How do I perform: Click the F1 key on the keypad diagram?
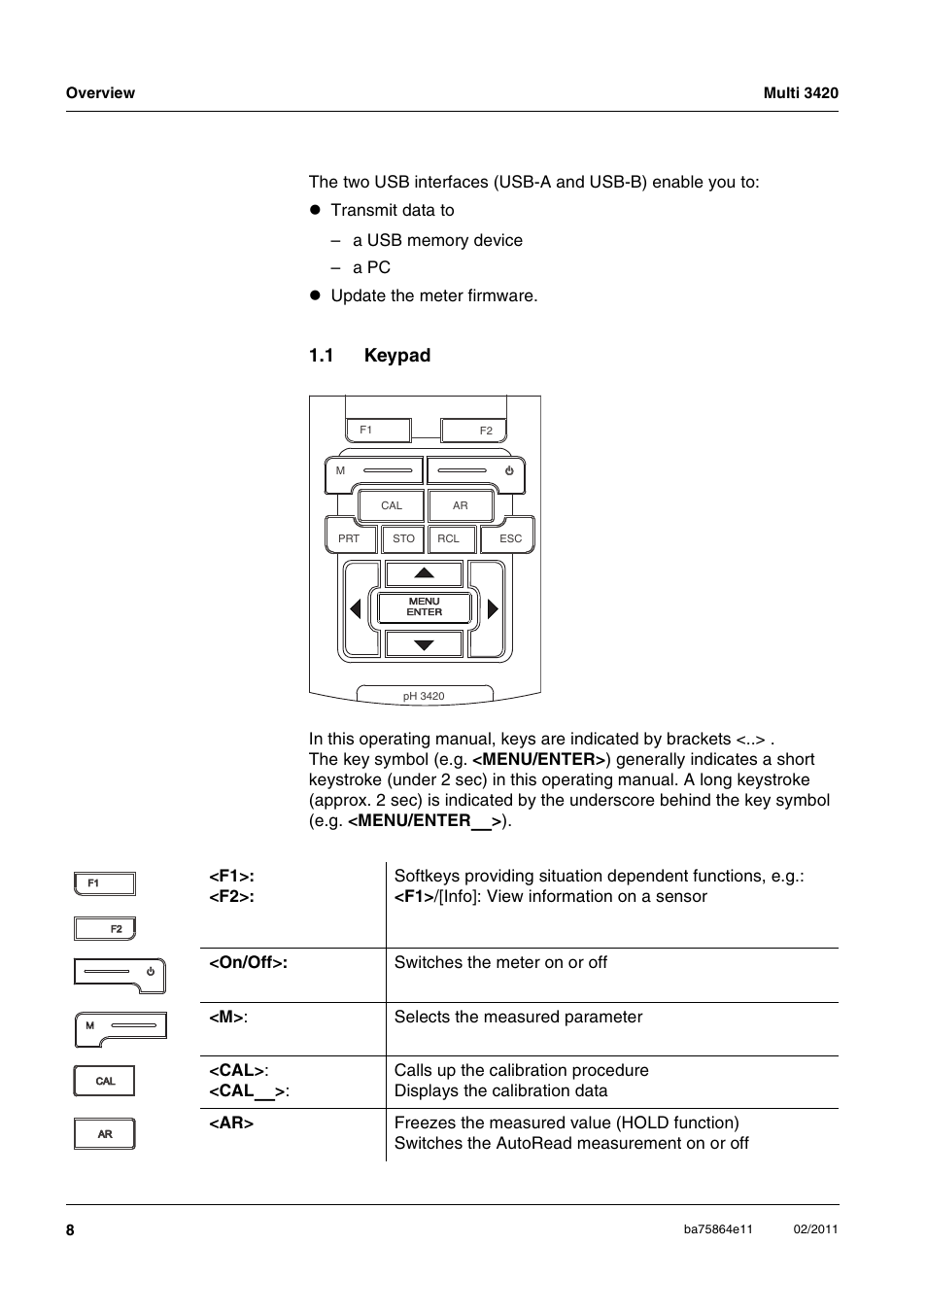tap(378, 430)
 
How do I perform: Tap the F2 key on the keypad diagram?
tap(474, 431)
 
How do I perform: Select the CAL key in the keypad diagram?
tap(391, 505)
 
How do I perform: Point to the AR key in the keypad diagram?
tap(461, 505)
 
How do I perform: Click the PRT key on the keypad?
tap(350, 538)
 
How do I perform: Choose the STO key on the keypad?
tap(403, 538)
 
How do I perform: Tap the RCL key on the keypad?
tap(449, 538)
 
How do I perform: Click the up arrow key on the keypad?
tap(425, 573)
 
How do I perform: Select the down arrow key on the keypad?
tap(425, 643)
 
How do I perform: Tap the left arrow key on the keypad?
tap(357, 608)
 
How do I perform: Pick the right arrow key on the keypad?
tap(492, 608)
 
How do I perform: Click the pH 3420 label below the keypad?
tap(424, 696)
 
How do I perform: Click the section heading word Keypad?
tap(396, 356)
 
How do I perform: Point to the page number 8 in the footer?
tap(70, 1230)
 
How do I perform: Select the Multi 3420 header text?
tap(800, 93)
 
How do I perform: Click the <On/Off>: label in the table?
tap(248, 962)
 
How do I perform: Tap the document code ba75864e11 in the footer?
tap(718, 1229)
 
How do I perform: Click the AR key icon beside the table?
tap(105, 1134)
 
